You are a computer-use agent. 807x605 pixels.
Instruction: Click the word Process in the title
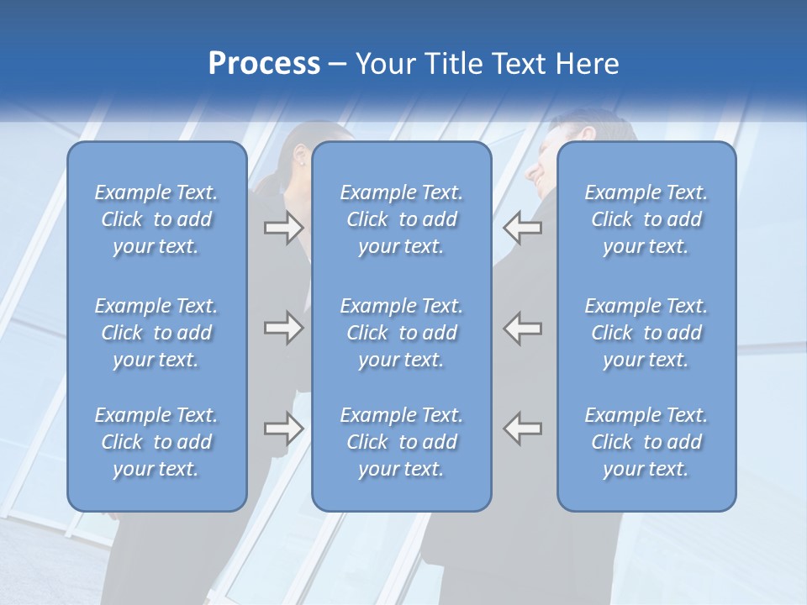264,64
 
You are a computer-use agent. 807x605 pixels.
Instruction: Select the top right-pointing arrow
283,228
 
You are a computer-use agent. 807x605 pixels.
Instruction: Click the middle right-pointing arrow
283,329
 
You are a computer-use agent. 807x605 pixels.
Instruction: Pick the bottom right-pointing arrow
283,429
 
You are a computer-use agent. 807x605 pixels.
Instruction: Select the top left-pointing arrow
523,228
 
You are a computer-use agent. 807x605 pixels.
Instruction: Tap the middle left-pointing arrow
523,329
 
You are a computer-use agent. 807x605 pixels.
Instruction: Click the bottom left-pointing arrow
523,429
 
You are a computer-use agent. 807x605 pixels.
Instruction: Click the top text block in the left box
156,219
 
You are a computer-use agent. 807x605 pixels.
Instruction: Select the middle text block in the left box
156,333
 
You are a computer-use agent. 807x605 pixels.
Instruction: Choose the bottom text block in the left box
156,442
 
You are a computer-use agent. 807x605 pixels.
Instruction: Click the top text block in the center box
401,219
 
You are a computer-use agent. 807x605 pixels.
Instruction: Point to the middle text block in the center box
401,333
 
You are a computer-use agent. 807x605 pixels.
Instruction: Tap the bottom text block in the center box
401,442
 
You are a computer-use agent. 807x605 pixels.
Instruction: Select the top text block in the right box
646,219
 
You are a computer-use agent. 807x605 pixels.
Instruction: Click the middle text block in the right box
646,333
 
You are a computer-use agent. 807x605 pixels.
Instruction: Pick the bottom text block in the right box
646,442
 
